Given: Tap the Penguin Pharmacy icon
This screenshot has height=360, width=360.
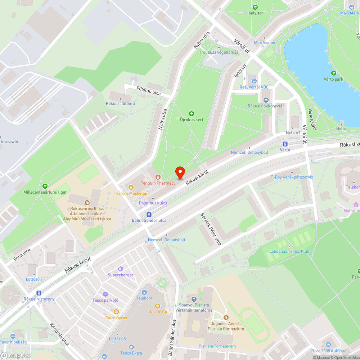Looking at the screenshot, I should point(157,177).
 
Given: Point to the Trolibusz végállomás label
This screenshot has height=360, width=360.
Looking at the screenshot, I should point(219,52).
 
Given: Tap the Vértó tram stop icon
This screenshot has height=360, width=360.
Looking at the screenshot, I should point(285,144).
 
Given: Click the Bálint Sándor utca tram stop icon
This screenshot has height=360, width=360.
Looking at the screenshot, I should point(149,214).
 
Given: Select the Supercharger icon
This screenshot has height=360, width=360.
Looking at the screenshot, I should point(120,269).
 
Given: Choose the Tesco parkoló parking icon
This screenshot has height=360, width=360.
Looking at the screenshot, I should point(105,294).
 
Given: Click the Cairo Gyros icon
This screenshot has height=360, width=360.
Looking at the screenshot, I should point(116,312).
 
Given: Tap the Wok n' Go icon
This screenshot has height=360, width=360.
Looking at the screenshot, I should point(158,306).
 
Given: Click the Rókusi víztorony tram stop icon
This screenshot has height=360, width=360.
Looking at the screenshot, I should point(39,293).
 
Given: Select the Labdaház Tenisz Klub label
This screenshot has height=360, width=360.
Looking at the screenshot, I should point(289,251).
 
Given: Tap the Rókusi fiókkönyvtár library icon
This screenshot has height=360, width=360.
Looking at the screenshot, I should point(266,100).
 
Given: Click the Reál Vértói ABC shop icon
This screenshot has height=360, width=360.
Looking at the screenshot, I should point(254,81).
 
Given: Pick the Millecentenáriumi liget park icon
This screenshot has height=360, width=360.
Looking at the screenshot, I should point(45,186).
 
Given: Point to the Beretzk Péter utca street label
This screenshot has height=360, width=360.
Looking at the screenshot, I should point(211,229).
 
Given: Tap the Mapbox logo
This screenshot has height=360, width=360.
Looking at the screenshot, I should point(16,355).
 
